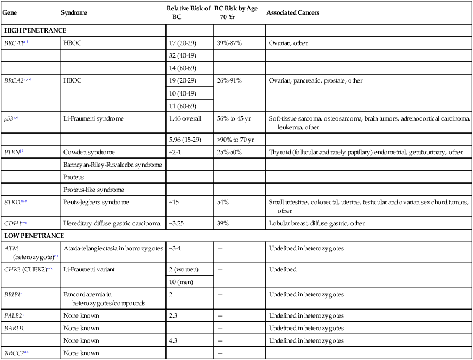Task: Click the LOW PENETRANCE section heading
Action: point(34,236)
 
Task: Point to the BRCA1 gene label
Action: point(14,42)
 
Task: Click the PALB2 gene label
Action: point(14,316)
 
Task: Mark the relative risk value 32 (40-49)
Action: point(182,55)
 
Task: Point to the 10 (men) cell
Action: point(181,281)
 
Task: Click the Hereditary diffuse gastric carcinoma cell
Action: point(111,223)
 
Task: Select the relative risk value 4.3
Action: point(173,341)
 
